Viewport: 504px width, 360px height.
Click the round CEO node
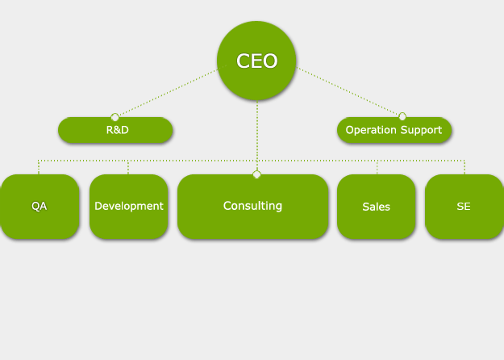coord(256,61)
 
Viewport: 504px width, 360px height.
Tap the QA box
coord(39,207)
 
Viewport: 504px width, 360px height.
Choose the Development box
coord(128,207)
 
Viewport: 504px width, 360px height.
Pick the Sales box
coord(376,207)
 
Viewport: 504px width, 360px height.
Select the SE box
coord(464,207)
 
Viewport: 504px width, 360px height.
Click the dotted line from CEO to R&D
coord(165,94)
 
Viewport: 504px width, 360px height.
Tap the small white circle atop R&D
coord(115,117)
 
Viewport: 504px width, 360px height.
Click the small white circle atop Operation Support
coord(402,116)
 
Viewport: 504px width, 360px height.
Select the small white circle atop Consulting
coord(256,174)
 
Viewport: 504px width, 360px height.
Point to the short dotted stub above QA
coord(39,167)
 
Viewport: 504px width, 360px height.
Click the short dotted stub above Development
coord(128,167)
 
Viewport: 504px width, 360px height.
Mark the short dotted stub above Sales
coord(377,167)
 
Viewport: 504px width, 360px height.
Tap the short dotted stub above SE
coord(464,167)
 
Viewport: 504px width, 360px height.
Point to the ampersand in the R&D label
coord(117,130)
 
